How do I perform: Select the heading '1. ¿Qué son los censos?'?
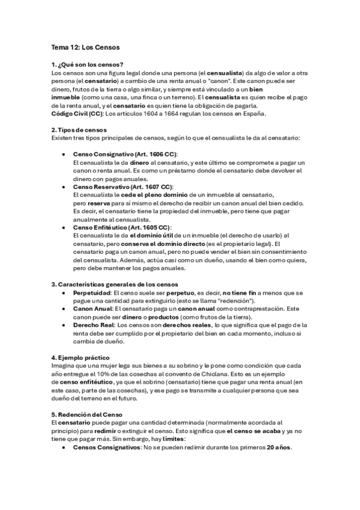click(88, 65)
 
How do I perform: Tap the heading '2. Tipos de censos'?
click(79, 130)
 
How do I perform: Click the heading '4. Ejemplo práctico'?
click(80, 357)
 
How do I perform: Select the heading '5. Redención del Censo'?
click(87, 414)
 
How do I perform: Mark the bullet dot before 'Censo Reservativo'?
click(64, 187)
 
